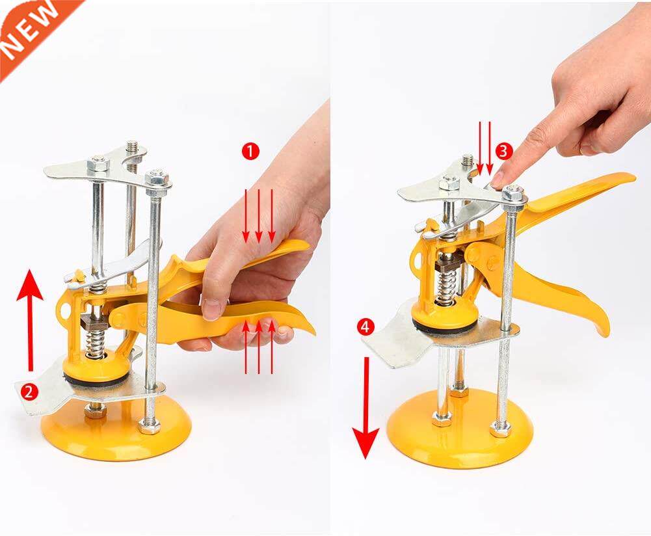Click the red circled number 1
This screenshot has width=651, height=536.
[x=250, y=151]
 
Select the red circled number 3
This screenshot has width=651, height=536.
[x=503, y=151]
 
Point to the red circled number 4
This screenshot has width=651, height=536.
[x=366, y=327]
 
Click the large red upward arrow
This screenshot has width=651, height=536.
[x=30, y=319]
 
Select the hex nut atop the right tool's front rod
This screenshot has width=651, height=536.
[x=513, y=193]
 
